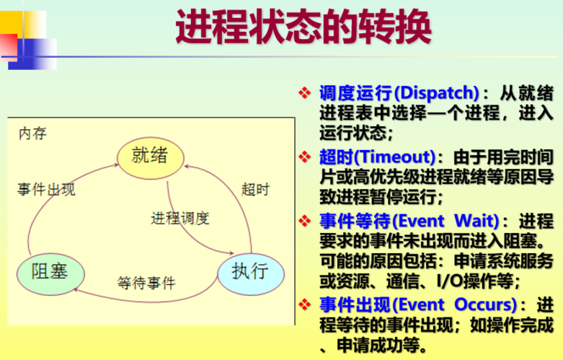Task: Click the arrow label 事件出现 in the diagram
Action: click(x=46, y=190)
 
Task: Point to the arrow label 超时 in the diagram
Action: click(x=255, y=190)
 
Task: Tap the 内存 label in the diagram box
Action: click(x=32, y=133)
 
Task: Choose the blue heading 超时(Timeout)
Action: click(x=378, y=157)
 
